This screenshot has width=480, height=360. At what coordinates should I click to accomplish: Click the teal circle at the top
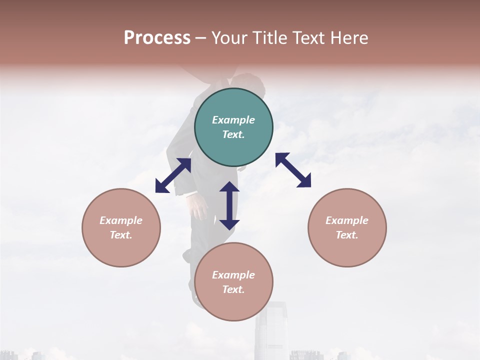pyautogui.click(x=233, y=127)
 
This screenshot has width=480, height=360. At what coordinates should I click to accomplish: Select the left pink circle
pyautogui.click(x=121, y=227)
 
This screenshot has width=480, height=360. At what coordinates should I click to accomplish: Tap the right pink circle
pyautogui.click(x=347, y=227)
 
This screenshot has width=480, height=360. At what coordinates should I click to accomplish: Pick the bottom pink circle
pyautogui.click(x=233, y=281)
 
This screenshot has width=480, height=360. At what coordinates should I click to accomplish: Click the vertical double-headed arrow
pyautogui.click(x=229, y=205)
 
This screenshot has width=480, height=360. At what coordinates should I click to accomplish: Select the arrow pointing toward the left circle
pyautogui.click(x=173, y=175)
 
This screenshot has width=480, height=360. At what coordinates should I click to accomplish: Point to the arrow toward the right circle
pyautogui.click(x=293, y=170)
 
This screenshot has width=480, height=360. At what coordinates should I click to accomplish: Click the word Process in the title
pyautogui.click(x=157, y=38)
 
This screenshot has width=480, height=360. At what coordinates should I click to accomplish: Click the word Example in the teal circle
pyautogui.click(x=233, y=120)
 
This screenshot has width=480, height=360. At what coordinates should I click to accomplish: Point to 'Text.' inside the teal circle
pyautogui.click(x=233, y=134)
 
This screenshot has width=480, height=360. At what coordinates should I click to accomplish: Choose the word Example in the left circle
pyautogui.click(x=121, y=220)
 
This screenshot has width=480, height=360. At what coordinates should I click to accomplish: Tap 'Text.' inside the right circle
pyautogui.click(x=347, y=235)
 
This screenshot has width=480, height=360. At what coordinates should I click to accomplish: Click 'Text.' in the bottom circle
pyautogui.click(x=233, y=289)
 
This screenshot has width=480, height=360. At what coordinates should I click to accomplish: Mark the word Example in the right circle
pyautogui.click(x=347, y=220)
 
